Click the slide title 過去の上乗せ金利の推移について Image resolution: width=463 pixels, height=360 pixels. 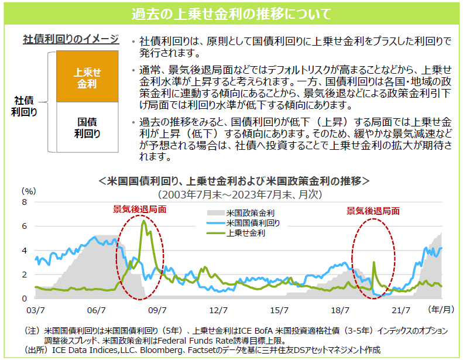click(231, 12)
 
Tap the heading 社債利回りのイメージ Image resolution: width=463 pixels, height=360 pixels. click(70, 40)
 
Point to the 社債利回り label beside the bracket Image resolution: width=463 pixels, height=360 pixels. click(24, 106)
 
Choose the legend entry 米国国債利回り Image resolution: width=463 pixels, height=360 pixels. click(253, 223)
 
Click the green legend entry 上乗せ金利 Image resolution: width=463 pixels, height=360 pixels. click(246, 233)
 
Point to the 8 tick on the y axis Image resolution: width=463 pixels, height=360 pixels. click(25, 202)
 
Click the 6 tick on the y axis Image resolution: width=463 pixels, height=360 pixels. click(25, 226)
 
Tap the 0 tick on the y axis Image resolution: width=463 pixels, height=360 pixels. click(25, 299)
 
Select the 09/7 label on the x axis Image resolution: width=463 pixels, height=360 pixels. click(157, 308)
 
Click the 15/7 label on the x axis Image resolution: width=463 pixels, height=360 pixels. click(279, 308)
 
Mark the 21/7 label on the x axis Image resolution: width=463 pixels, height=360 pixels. click(401, 308)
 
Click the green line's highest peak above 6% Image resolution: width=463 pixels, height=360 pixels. click(143, 221)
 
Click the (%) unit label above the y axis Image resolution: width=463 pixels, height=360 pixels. click(29, 191)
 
